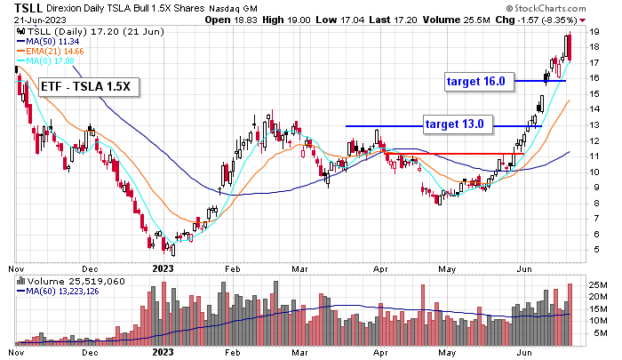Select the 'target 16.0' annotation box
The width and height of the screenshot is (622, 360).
pyautogui.click(x=475, y=81)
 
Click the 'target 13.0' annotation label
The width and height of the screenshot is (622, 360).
pyautogui.click(x=453, y=124)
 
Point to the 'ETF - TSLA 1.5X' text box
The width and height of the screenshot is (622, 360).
pyautogui.click(x=87, y=87)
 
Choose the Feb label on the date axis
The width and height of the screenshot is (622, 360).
pyautogui.click(x=232, y=267)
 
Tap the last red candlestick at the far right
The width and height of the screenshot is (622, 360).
pyautogui.click(x=569, y=47)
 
